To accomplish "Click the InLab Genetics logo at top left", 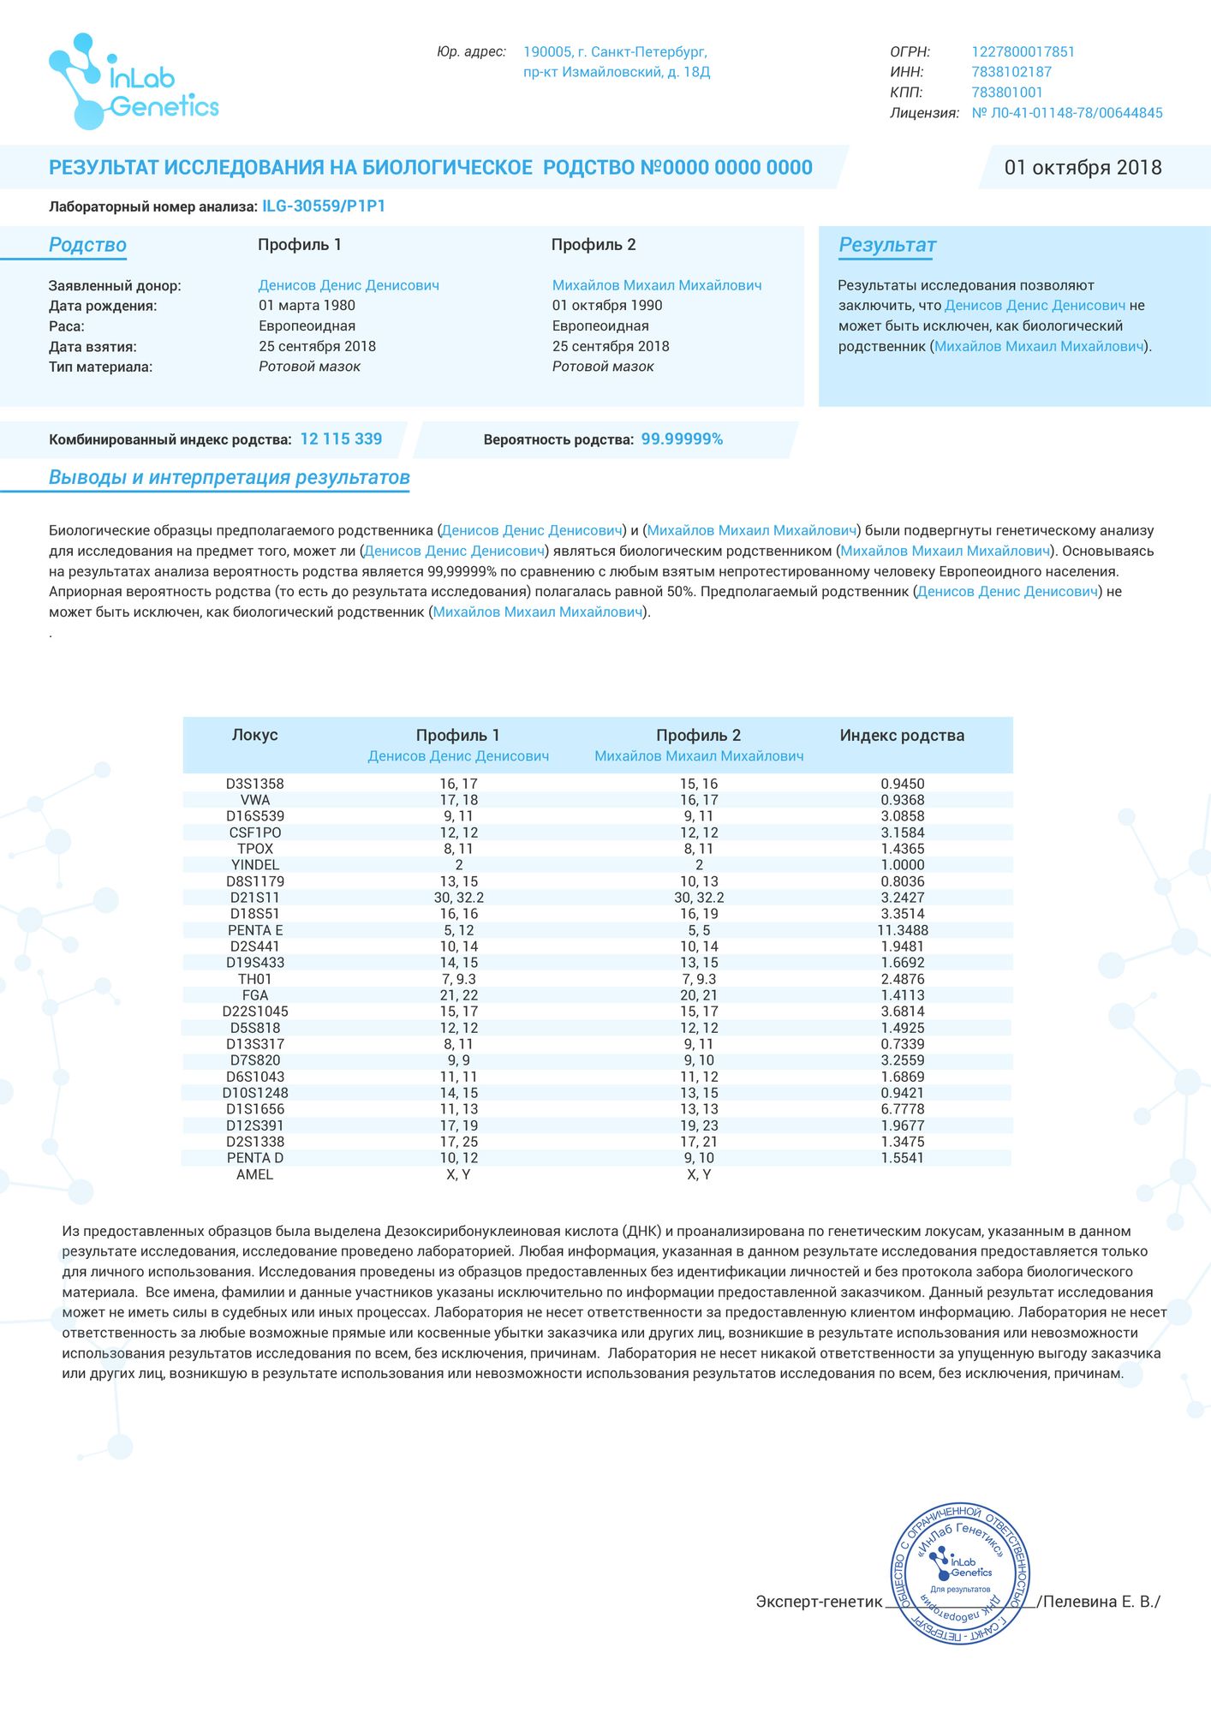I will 134,82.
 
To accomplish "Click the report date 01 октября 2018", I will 1083,168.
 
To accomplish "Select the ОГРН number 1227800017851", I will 1023,52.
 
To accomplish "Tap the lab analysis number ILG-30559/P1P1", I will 324,206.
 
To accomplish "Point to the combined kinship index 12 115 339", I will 341,439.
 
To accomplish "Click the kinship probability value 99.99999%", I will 682,439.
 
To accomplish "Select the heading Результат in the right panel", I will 887,245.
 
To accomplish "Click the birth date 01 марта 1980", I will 307,306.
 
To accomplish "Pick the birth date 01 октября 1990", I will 607,306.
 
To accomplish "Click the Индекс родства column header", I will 902,736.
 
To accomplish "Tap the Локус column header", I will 254,736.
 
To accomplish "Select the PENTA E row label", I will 255,930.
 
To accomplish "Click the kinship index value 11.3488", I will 903,930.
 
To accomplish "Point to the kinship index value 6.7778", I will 903,1109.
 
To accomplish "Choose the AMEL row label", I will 254,1174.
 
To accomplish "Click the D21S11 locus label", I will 255,898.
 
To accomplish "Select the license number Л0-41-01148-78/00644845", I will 1067,113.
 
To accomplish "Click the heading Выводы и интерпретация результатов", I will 230,478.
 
